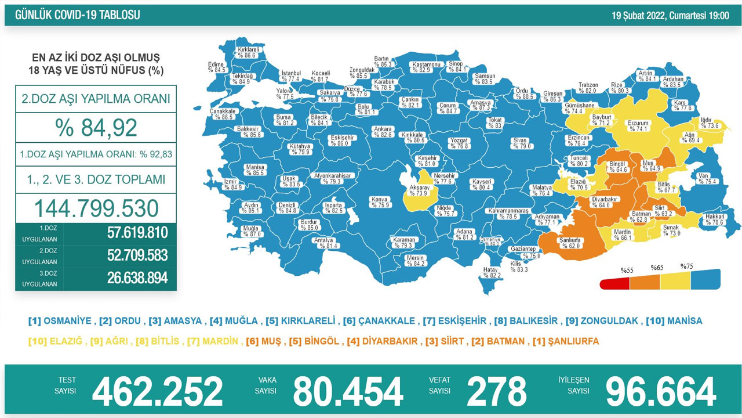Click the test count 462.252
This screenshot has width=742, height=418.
pyautogui.click(x=157, y=391)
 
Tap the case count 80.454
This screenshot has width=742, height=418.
pyautogui.click(x=347, y=391)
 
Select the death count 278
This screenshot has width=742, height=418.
pyautogui.click(x=496, y=391)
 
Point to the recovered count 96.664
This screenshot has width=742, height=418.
pyautogui.click(x=660, y=391)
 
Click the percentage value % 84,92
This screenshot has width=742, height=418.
pyautogui.click(x=96, y=127)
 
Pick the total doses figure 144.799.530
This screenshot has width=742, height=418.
pyautogui.click(x=96, y=208)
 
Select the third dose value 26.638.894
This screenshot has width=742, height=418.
pyautogui.click(x=137, y=279)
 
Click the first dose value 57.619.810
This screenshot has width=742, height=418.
pyautogui.click(x=137, y=233)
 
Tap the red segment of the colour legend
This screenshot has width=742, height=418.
pyautogui.click(x=614, y=283)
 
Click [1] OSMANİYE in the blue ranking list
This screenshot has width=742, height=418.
pyautogui.click(x=60, y=321)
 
